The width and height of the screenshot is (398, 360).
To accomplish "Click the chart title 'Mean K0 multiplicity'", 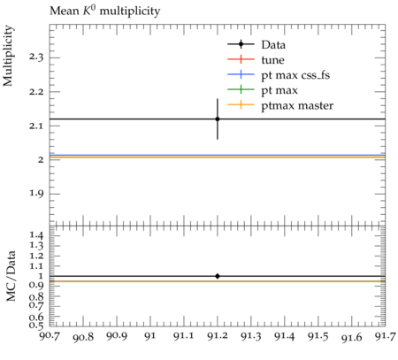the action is tap(105, 11).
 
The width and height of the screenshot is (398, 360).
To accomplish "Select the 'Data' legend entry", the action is tap(256, 44).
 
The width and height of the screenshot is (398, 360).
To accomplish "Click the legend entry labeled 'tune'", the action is tap(256, 60).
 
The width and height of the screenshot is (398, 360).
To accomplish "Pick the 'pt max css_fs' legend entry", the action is tap(279, 75).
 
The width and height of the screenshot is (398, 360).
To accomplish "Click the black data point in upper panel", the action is tap(218, 119).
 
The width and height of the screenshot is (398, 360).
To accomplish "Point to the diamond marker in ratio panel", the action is tap(218, 276).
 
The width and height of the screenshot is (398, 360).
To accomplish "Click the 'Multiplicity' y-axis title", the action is tap(8, 56).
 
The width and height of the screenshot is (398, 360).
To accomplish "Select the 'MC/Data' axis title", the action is tap(11, 276).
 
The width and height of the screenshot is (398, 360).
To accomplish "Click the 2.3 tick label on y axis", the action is tap(36, 57).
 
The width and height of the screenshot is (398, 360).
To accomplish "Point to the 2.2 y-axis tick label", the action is tap(36, 91).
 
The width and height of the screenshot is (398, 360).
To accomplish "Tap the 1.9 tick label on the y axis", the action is tap(36, 194).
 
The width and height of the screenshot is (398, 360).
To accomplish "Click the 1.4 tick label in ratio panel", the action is tap(36, 235).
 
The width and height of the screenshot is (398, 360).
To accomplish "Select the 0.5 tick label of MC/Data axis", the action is tap(36, 325).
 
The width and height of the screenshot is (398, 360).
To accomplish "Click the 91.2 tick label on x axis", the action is tap(218, 336).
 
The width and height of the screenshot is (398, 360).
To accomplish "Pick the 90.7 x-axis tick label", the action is tap(50, 336).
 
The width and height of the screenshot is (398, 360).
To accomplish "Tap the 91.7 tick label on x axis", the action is tap(385, 336).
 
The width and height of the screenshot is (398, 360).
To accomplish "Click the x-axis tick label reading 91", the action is tap(150, 336).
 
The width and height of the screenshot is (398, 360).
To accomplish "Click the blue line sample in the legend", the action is tap(241, 74).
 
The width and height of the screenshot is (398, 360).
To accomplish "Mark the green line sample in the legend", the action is tap(241, 89).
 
